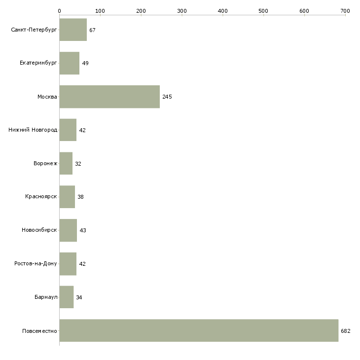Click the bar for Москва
click(109, 97)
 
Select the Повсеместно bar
click(199, 330)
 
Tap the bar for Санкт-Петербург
click(73, 30)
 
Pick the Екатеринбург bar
click(69, 63)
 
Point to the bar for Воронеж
click(66, 164)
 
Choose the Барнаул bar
click(66, 297)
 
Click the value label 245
click(167, 97)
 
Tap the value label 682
click(345, 331)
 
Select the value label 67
click(92, 30)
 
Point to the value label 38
click(80, 197)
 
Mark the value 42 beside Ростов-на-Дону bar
click(82, 264)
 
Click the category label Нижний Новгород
click(33, 130)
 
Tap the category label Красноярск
click(41, 197)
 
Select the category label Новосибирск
click(39, 230)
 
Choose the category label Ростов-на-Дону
click(36, 264)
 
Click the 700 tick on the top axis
click(345, 10)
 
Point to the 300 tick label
click(181, 10)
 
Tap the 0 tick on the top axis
click(59, 10)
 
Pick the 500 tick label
click(263, 10)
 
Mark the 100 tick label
click(100, 10)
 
